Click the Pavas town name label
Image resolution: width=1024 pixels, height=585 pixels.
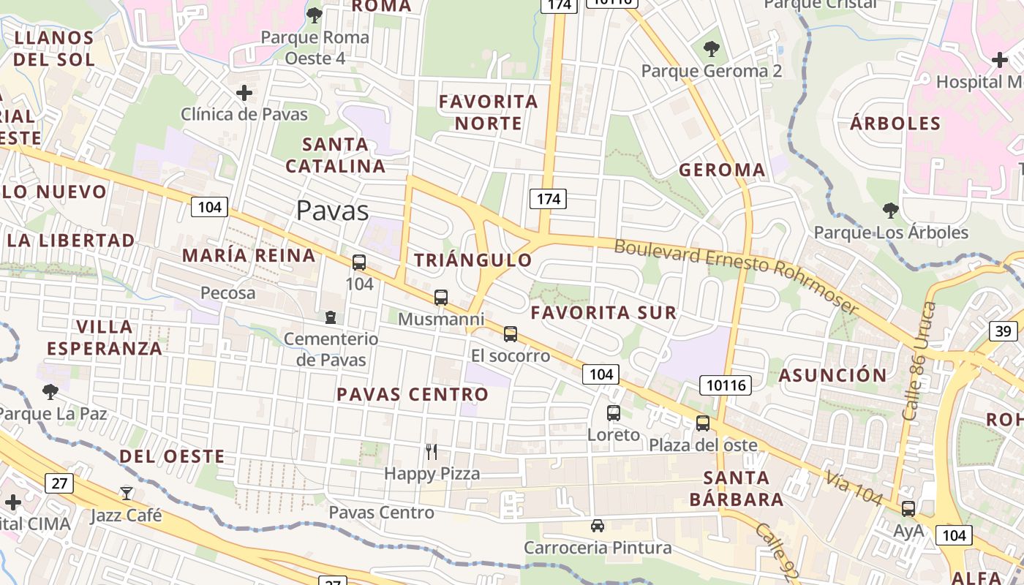pos(332,211)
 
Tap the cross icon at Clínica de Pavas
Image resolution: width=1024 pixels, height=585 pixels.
pos(244,93)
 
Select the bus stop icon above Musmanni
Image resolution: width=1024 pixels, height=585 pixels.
pos(440,297)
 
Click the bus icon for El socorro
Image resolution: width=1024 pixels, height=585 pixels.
pos(511,334)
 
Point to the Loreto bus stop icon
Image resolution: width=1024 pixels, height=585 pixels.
pos(614,412)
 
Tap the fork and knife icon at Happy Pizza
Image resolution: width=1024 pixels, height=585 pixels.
pos(432,452)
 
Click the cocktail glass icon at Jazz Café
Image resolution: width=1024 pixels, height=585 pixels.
pos(127,494)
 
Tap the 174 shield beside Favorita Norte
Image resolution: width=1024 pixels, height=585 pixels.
pos(548,198)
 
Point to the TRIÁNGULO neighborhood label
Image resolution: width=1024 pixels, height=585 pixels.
pos(473,260)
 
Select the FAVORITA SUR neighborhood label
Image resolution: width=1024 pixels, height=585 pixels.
pos(603,313)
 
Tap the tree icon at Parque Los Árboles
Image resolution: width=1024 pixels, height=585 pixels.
pos(890,211)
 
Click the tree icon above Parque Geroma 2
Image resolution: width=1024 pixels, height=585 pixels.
pos(711,49)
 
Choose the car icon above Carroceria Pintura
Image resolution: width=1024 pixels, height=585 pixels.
pos(598,526)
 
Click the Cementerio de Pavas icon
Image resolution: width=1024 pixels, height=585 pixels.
pos(331,317)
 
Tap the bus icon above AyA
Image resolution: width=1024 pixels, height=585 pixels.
pos(908,508)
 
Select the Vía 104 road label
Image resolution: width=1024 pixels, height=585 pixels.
pos(855,488)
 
